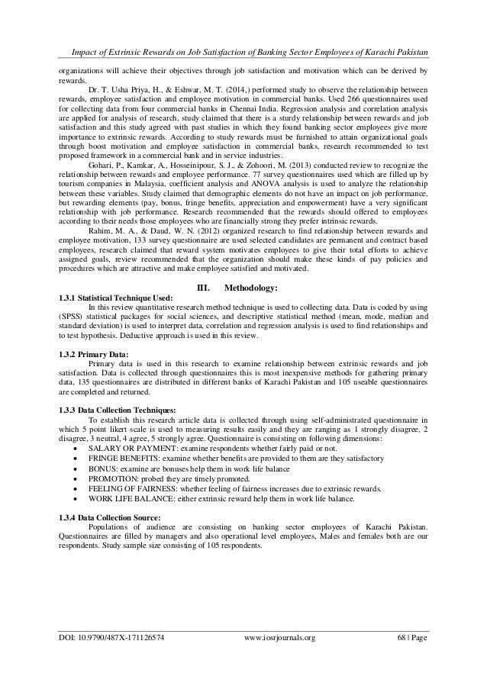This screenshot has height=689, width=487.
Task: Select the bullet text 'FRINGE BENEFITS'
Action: tap(124, 459)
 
